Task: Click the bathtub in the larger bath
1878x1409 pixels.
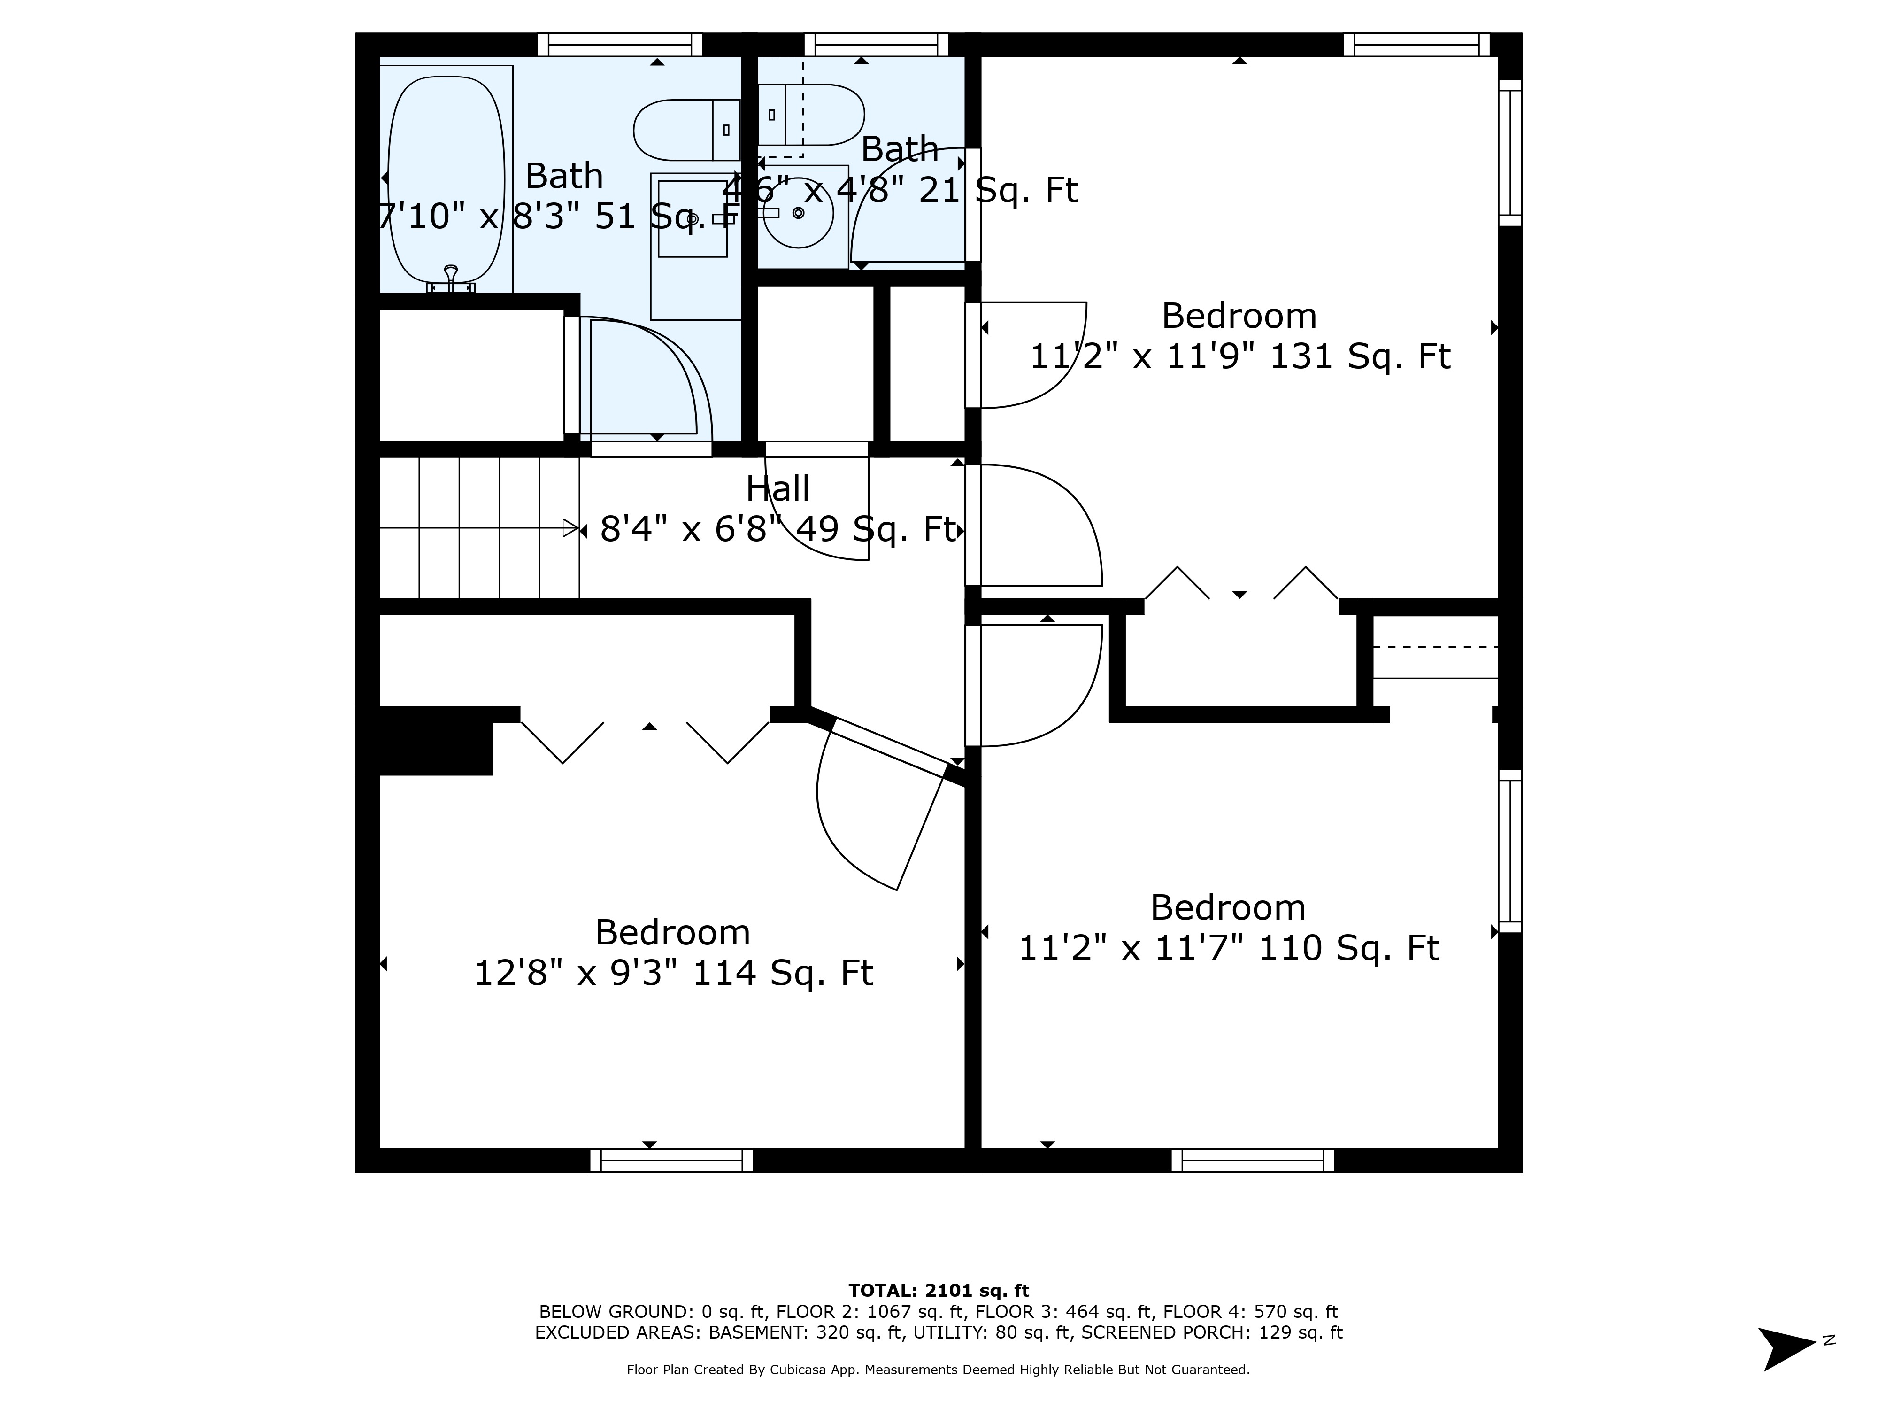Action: (x=446, y=178)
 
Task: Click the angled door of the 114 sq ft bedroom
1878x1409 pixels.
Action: (x=887, y=747)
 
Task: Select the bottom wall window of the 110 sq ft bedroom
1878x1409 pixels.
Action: (x=1252, y=1160)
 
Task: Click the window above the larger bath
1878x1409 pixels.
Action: (x=620, y=44)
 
